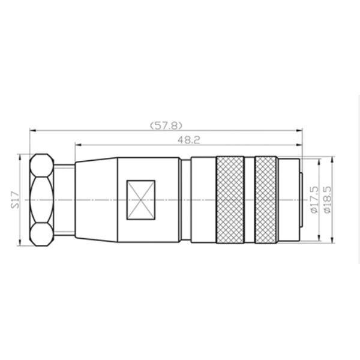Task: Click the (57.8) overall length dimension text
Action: [166, 125]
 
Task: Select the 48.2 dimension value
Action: [189, 140]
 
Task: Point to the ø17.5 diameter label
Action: [315, 200]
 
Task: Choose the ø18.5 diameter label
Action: [328, 200]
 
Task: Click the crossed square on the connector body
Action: [141, 200]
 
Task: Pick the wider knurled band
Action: [230, 200]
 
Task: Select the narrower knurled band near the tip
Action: [266, 200]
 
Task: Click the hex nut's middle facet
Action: [42, 200]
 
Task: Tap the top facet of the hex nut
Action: [42, 166]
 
